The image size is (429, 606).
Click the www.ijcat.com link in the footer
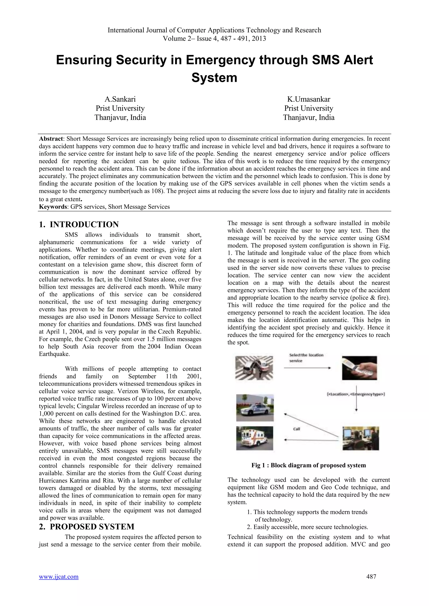pos(59,584)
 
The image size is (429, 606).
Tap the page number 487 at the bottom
pos(371,584)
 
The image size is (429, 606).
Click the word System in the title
pos(214,78)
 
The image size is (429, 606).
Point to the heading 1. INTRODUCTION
pos(79,224)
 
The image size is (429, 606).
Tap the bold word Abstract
pos(51,139)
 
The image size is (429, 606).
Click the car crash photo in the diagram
pos(254,368)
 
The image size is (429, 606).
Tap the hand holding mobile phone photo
pos(359,368)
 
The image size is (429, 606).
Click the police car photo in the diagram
pos(255,408)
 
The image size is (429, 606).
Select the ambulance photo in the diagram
pos(254,438)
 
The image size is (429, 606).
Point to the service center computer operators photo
pos(361,438)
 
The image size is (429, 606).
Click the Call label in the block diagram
pos(297,429)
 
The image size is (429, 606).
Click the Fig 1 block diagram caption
pos(309,465)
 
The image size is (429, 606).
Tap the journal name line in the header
pos(214,30)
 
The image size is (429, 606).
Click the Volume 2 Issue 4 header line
pos(214,39)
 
